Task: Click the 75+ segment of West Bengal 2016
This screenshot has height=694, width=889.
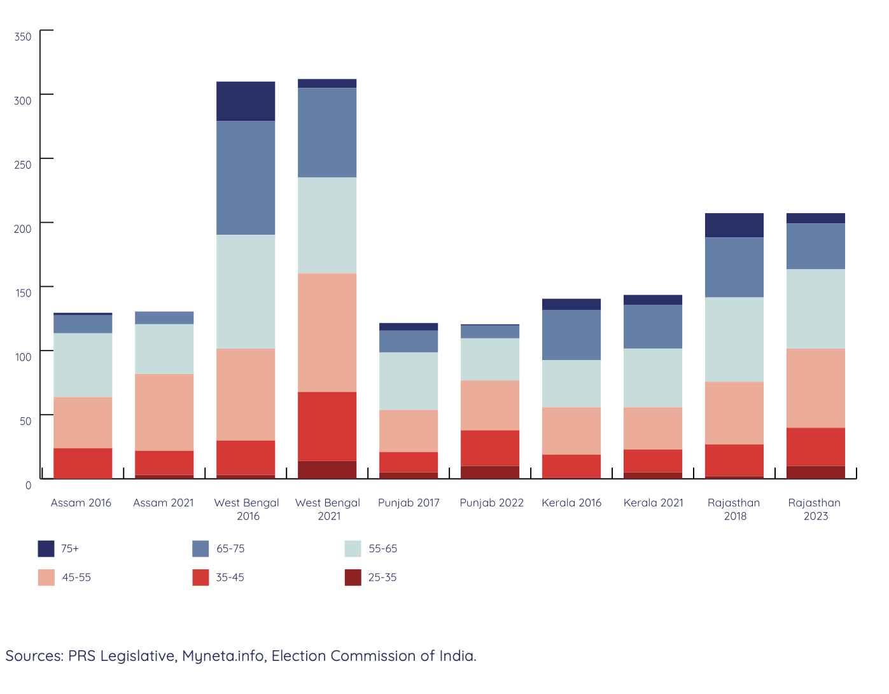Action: pyautogui.click(x=246, y=101)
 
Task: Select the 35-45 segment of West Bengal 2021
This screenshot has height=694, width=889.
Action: pyautogui.click(x=327, y=426)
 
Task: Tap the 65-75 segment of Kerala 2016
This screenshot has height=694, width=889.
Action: pyautogui.click(x=571, y=335)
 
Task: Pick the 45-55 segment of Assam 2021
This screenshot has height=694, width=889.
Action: pyautogui.click(x=164, y=412)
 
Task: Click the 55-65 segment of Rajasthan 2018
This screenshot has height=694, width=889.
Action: pyautogui.click(x=734, y=340)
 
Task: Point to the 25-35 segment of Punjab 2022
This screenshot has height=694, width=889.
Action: pyautogui.click(x=490, y=472)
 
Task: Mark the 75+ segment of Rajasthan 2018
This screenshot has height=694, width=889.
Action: pyautogui.click(x=734, y=225)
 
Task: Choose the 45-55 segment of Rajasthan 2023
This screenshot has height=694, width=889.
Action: pyautogui.click(x=816, y=388)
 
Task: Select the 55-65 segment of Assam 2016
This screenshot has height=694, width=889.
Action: pyautogui.click(x=83, y=365)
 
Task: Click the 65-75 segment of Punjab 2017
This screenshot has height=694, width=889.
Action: pyautogui.click(x=409, y=341)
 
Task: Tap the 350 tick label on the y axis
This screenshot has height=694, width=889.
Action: pyautogui.click(x=23, y=37)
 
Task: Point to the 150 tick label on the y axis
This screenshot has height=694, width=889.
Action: pyautogui.click(x=23, y=293)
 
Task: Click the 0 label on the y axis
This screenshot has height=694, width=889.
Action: pyautogui.click(x=28, y=485)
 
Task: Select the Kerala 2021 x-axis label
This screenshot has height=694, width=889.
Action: pyautogui.click(x=653, y=503)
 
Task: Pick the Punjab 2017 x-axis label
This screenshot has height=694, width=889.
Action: pyautogui.click(x=409, y=503)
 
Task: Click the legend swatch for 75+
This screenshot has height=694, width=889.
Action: pyautogui.click(x=46, y=548)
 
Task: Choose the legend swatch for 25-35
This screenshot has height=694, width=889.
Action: pyautogui.click(x=353, y=578)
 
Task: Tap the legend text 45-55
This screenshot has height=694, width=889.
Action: pyautogui.click(x=76, y=578)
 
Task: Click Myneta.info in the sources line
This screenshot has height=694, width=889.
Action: pyautogui.click(x=223, y=656)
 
